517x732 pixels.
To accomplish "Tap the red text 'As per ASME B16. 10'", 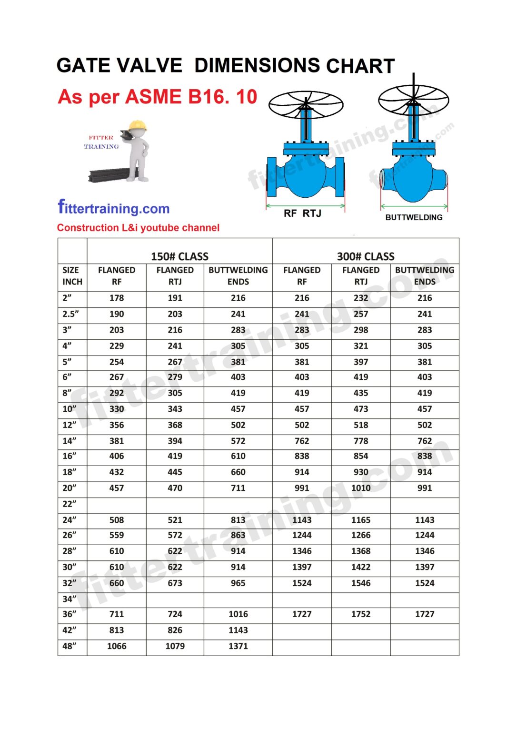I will (157, 97).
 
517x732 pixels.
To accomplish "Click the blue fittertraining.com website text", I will (114, 208).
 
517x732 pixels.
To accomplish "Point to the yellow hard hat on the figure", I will (138, 125).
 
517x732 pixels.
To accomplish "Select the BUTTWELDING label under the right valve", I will (414, 217).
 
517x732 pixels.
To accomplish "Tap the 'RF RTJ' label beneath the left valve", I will (302, 213).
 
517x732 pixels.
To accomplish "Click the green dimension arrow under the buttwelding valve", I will (414, 206).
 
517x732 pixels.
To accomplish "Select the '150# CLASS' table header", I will (179, 256).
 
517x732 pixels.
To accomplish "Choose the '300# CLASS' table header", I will (365, 256).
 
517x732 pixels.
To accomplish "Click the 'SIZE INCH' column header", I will (72, 276).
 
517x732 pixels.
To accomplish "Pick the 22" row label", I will (70, 504).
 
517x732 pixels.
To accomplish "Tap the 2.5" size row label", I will (71, 314).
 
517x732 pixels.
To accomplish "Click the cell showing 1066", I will (117, 646).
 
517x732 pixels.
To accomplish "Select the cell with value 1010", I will (361, 488).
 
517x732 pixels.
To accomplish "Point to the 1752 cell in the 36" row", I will (361, 614).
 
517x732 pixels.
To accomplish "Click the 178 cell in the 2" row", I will (117, 298).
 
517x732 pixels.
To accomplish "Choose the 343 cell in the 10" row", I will (175, 409).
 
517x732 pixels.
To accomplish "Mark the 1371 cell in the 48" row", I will (238, 646).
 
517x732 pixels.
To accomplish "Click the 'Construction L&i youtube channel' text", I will (138, 228).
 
